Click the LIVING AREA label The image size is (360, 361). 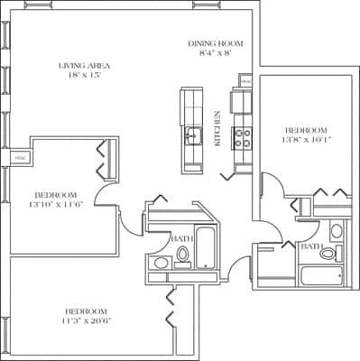point(86,65)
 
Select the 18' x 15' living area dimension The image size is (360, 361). point(86,77)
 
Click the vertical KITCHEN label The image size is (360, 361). point(217,129)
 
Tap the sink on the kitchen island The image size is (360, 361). point(191,136)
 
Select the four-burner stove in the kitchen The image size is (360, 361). point(243,136)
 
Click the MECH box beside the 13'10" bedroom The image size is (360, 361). point(20,159)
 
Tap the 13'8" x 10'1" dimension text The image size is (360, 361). point(307,139)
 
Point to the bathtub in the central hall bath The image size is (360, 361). point(207,248)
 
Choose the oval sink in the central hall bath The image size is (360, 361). point(160,264)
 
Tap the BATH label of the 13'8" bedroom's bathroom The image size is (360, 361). point(311,245)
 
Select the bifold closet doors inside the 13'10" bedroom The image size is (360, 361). point(102,160)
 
